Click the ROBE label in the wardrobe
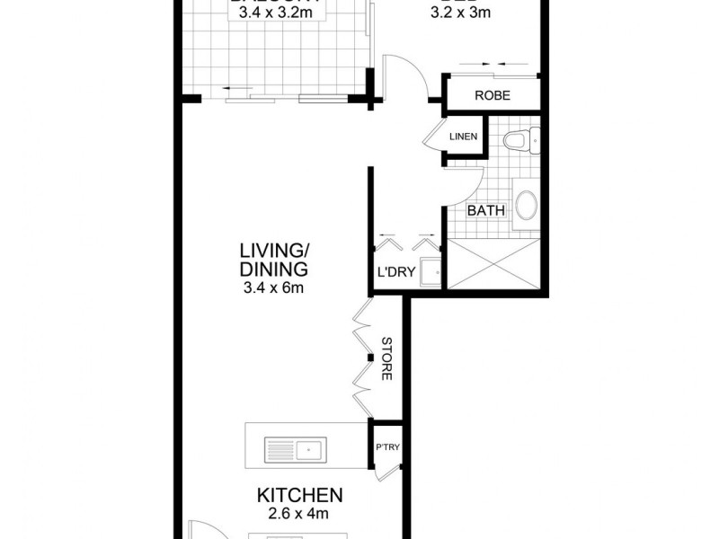coord(493,94)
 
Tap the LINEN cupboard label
coord(464,137)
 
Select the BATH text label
coord(485,212)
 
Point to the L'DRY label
coord(395,274)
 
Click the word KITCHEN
coord(299,495)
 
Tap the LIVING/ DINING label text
coord(274,259)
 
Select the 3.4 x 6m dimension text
coord(274,287)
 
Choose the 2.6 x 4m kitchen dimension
coord(299,515)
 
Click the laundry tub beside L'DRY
coord(431,269)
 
